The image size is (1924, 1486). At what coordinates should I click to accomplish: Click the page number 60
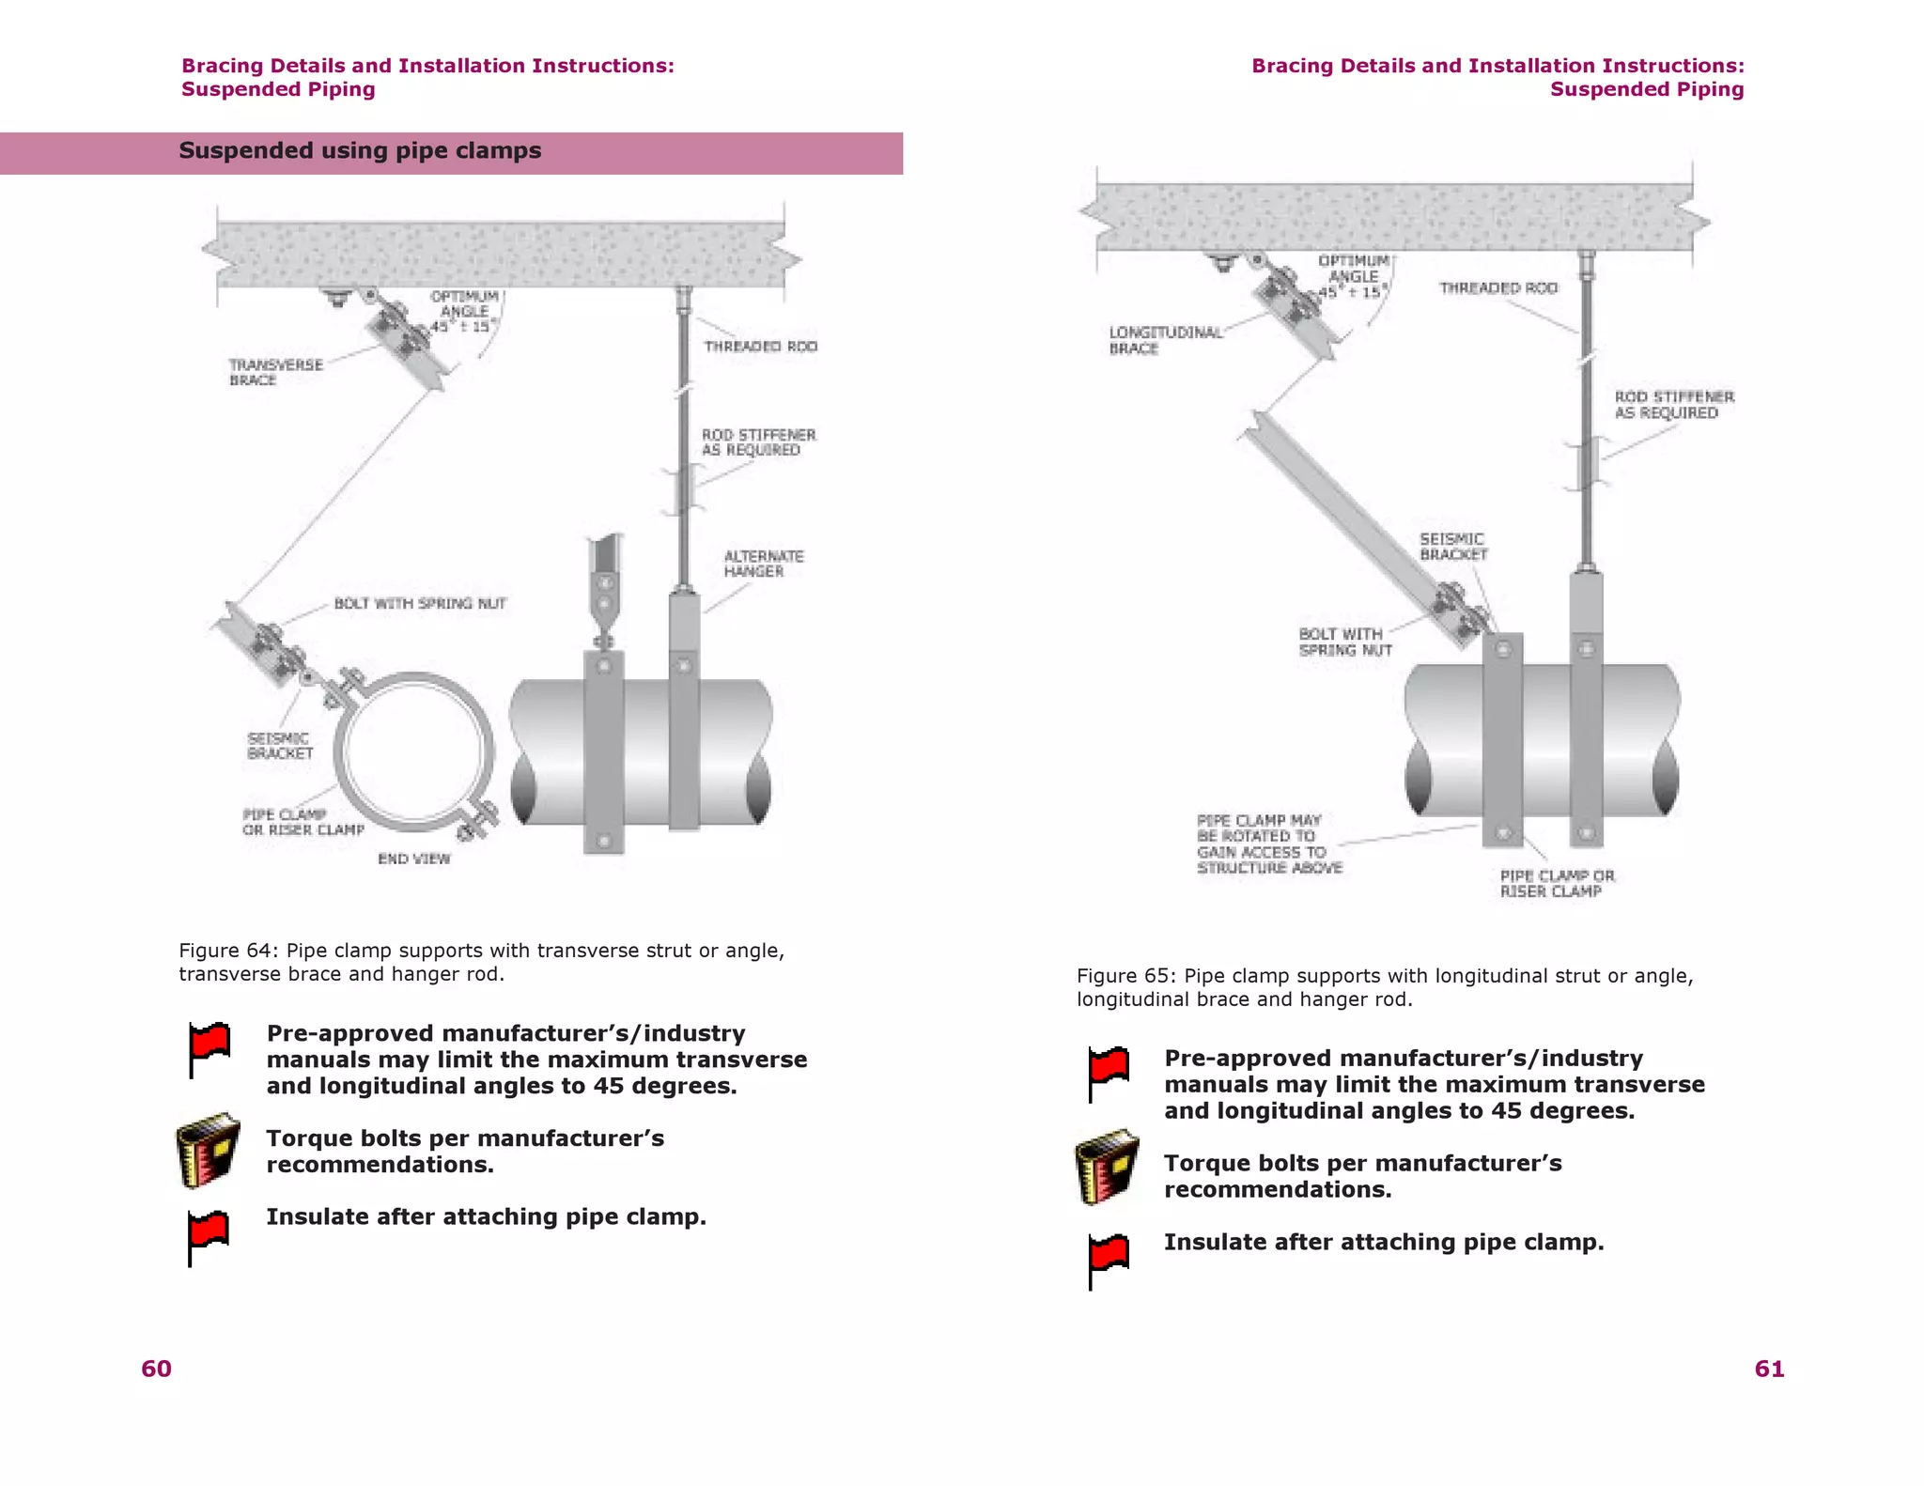pos(156,1369)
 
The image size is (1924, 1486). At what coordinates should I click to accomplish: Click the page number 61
pos(1769,1369)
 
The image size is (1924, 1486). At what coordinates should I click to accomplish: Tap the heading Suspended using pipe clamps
pos(360,151)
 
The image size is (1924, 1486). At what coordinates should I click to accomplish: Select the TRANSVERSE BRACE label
pos(275,372)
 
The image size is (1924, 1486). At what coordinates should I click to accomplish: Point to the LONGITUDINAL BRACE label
pos(1165,340)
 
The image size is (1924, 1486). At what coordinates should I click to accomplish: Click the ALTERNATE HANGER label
pos(763,564)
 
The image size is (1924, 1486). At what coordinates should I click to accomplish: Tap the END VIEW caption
pos(413,859)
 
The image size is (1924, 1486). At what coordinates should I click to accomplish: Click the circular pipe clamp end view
pos(413,751)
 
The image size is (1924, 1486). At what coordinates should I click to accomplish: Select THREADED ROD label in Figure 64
pos(760,347)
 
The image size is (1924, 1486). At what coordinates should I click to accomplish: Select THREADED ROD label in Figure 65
pos(1497,288)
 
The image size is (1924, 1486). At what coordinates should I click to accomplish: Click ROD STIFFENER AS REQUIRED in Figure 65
pos(1674,405)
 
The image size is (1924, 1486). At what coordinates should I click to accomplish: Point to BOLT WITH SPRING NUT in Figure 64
pos(420,603)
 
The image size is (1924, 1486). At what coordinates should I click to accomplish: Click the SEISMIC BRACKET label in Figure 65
pos(1452,547)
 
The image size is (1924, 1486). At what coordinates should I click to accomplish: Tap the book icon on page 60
pos(208,1151)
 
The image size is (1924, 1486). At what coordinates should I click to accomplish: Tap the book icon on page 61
pos(1107,1168)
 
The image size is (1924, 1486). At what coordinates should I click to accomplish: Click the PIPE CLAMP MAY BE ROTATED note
pos(1268,844)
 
